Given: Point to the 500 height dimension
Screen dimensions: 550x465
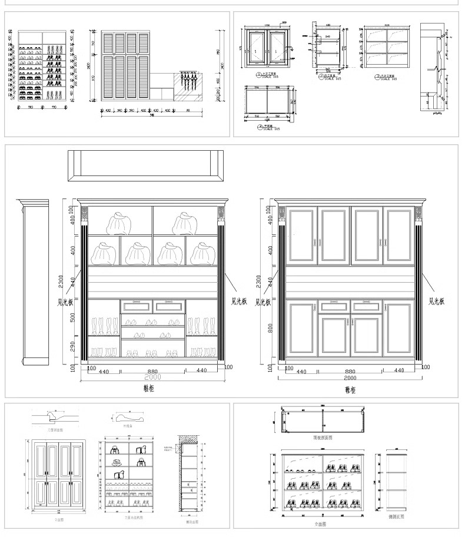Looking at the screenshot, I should [73, 319].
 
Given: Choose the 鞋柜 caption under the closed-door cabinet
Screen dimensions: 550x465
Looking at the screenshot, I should [351, 389].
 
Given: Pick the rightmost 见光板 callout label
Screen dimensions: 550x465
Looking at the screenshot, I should [437, 301].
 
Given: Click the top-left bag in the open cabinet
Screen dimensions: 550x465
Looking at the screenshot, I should [119, 224].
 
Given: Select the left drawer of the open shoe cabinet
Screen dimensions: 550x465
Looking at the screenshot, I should [137, 306].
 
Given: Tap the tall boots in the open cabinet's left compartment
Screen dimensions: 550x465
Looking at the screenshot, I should [104, 326].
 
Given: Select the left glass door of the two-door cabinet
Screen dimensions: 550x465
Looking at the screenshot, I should [257, 51].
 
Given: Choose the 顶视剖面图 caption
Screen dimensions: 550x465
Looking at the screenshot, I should [323, 438].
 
